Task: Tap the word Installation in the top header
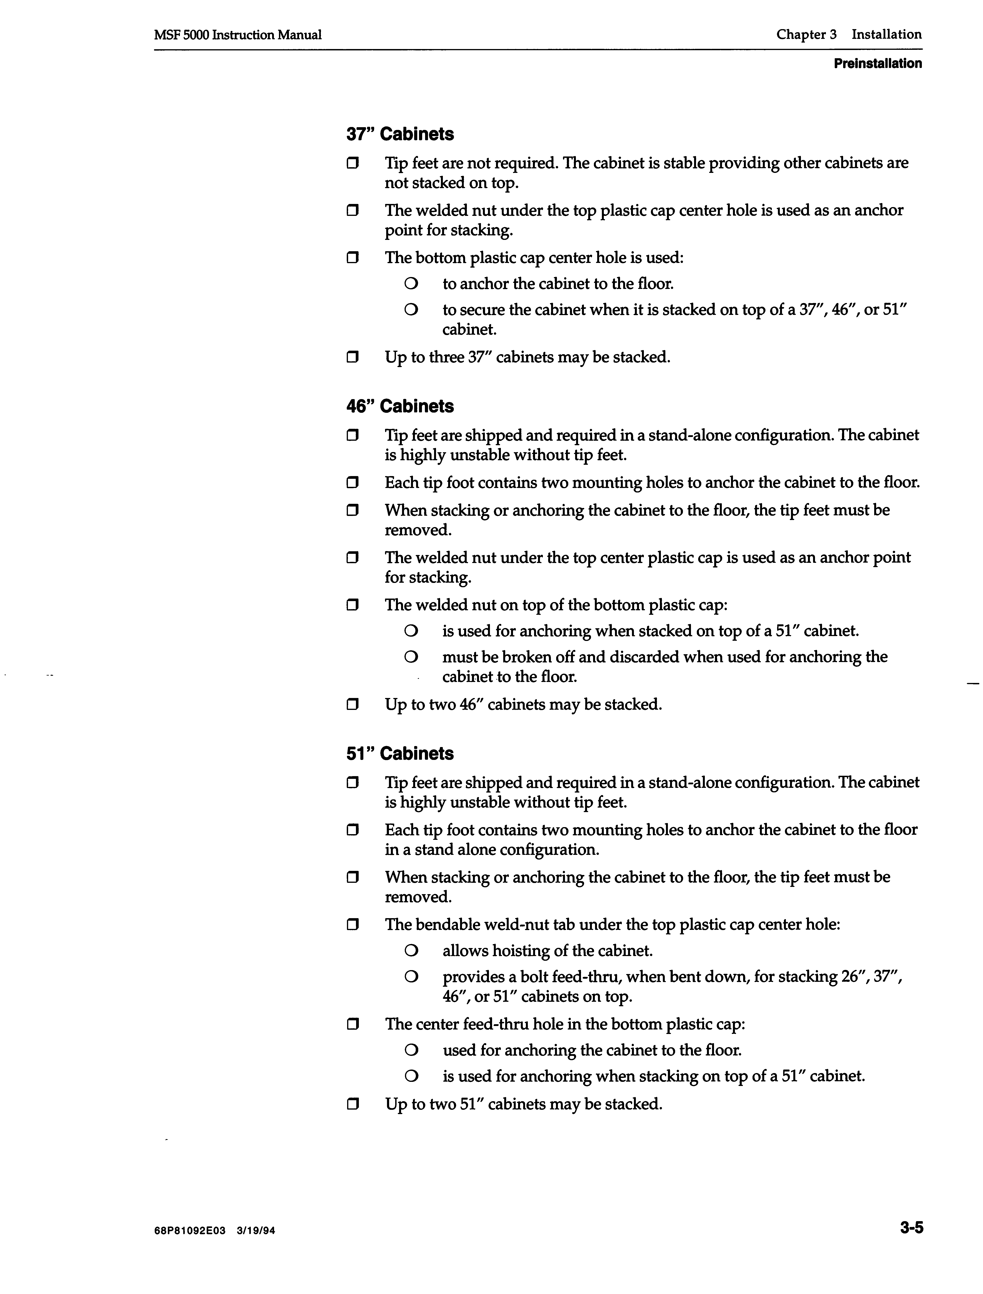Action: pyautogui.click(x=886, y=35)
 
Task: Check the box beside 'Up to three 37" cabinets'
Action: pyautogui.click(x=352, y=357)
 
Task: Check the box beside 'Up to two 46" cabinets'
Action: pyautogui.click(x=352, y=704)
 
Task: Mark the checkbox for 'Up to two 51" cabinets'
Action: pyautogui.click(x=352, y=1105)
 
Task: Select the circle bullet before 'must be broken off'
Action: pyautogui.click(x=411, y=657)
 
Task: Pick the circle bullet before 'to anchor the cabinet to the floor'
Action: pyautogui.click(x=411, y=284)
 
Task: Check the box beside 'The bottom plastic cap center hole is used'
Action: pyautogui.click(x=352, y=257)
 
